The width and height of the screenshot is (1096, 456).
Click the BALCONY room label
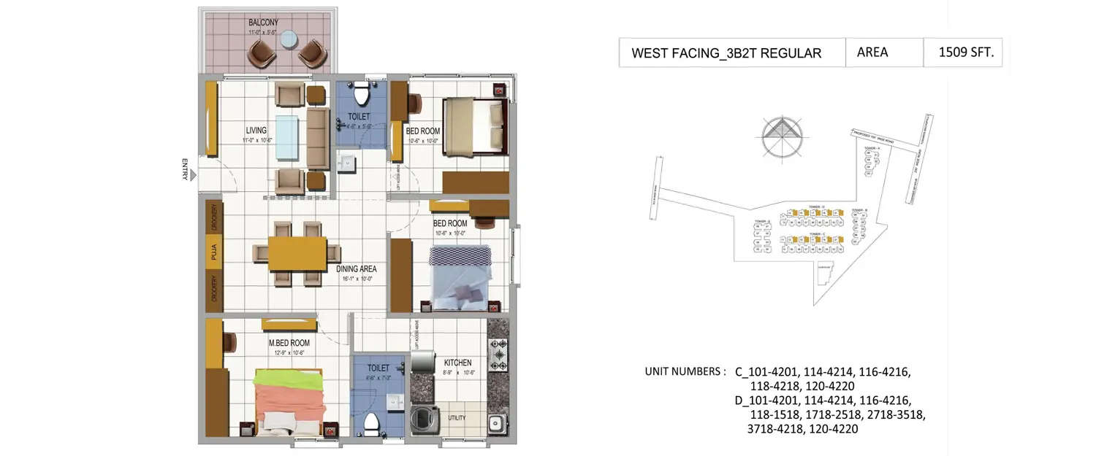click(264, 23)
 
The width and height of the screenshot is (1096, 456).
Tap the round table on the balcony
click(288, 39)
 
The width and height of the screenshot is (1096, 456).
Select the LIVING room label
click(256, 131)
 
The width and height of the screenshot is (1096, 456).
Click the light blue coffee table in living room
click(287, 136)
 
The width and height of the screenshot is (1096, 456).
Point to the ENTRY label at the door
click(186, 169)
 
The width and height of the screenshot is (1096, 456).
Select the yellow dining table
click(297, 254)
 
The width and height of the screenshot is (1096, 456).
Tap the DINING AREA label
click(357, 268)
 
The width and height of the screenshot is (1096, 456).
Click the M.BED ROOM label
click(289, 343)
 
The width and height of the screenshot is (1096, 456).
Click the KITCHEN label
click(457, 363)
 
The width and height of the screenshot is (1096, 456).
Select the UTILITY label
click(457, 418)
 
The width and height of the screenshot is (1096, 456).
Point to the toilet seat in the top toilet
click(361, 95)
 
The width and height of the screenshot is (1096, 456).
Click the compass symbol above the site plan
click(782, 136)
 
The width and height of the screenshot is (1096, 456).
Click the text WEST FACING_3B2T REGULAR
click(726, 53)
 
